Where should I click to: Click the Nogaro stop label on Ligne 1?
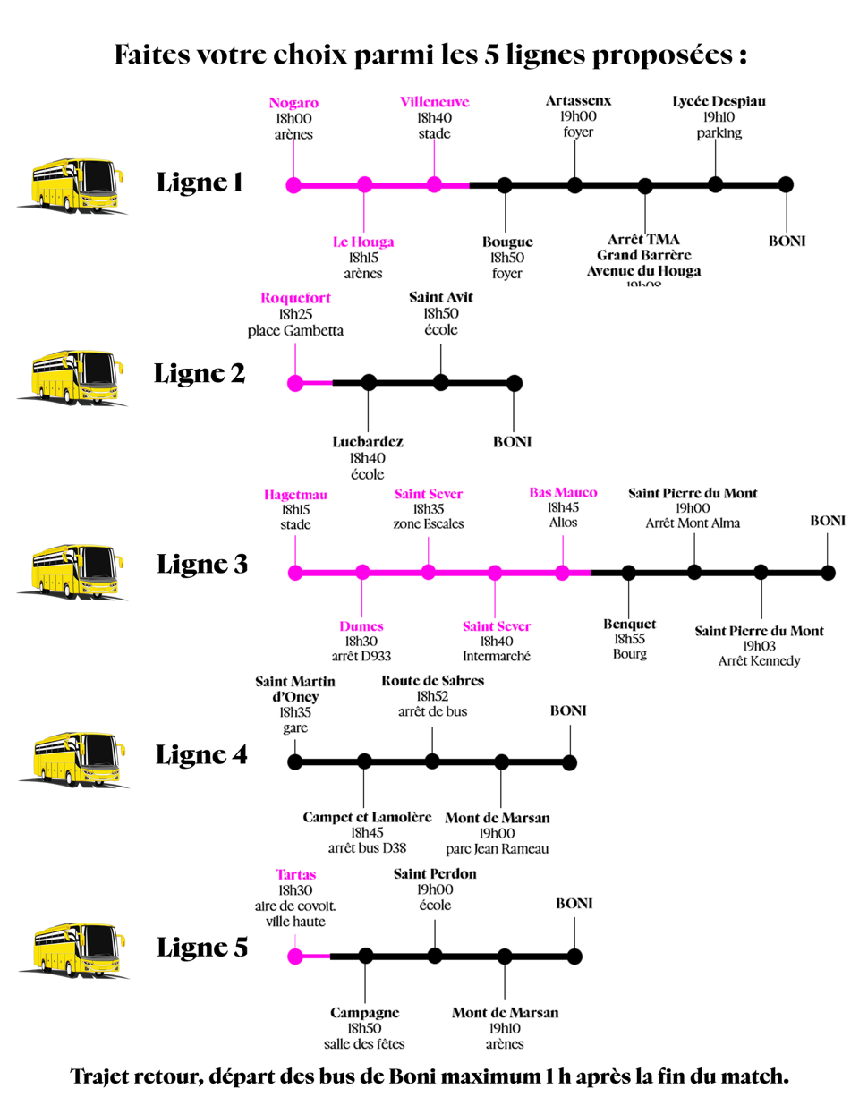click(293, 103)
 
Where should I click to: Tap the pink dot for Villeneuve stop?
click(434, 185)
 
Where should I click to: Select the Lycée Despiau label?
click(719, 101)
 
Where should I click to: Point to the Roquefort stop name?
click(295, 298)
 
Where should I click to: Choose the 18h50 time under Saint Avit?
click(441, 313)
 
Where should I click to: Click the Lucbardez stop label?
click(368, 441)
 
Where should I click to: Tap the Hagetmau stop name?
click(295, 495)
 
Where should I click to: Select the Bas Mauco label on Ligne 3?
click(563, 492)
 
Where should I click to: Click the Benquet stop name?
click(629, 624)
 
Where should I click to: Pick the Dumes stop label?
click(361, 626)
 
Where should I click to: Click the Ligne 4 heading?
click(201, 754)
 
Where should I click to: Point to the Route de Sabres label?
click(432, 681)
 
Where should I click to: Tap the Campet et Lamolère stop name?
click(367, 817)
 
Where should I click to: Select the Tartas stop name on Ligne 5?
click(295, 874)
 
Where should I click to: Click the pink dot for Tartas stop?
click(295, 957)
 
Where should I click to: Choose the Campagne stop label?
click(364, 1013)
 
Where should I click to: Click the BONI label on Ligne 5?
click(574, 904)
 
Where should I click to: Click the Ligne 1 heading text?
click(200, 183)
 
